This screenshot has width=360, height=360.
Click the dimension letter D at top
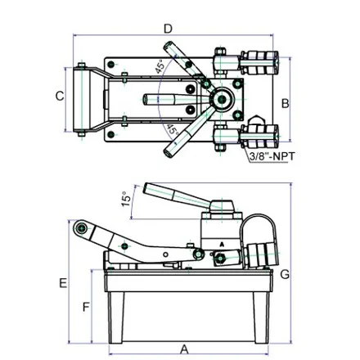(x=169, y=29)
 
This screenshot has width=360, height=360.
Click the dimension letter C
(x=60, y=96)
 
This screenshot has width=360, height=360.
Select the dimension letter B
(x=285, y=104)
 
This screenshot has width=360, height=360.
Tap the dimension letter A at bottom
(x=185, y=349)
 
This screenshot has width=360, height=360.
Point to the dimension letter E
(x=63, y=283)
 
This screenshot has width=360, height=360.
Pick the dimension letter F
(x=86, y=308)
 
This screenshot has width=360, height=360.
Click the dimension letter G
(x=285, y=274)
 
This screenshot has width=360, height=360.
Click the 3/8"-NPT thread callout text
(x=272, y=156)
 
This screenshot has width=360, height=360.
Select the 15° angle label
(x=126, y=199)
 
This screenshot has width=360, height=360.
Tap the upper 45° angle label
(x=160, y=66)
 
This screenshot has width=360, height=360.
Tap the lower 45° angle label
(x=173, y=129)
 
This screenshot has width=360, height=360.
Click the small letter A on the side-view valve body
(x=222, y=245)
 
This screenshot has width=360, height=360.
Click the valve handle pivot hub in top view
(x=223, y=99)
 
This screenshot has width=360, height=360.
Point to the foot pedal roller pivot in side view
(x=81, y=228)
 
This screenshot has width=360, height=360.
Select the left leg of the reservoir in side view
(x=115, y=317)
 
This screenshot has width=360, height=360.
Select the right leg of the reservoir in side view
(x=261, y=317)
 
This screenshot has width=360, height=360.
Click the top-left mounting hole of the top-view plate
(x=110, y=65)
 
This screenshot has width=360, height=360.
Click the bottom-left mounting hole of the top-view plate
(x=110, y=134)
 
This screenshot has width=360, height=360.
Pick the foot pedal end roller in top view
(x=82, y=100)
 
